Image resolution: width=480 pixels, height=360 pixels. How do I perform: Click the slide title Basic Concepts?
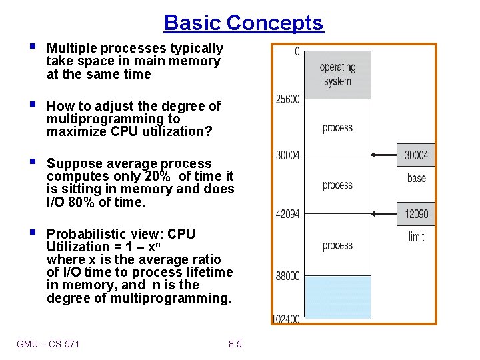point(243,23)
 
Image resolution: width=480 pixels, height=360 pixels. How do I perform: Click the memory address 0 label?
point(297,51)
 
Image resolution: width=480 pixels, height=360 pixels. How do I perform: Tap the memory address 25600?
point(287,99)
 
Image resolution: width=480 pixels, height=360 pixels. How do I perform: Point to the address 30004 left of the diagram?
point(287,155)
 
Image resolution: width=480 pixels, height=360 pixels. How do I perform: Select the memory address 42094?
point(287,214)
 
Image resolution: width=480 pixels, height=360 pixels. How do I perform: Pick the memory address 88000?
point(287,275)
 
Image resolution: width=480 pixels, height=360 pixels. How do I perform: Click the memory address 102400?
point(287,319)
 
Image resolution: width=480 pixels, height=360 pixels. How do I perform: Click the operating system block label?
point(337,74)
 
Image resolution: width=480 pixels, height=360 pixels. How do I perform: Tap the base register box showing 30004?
point(416,155)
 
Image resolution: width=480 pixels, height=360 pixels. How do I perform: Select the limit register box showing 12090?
point(416,214)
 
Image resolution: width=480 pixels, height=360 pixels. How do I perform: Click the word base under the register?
point(416,178)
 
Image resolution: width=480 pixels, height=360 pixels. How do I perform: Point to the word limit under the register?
point(416,237)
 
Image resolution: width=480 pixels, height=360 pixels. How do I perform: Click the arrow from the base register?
point(383,155)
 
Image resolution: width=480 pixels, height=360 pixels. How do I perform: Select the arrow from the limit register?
point(383,214)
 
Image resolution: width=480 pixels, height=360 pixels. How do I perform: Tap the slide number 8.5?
point(235,345)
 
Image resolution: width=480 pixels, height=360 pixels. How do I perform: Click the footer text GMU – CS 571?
point(48,345)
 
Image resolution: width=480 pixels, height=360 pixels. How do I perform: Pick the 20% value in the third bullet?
point(157,177)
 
